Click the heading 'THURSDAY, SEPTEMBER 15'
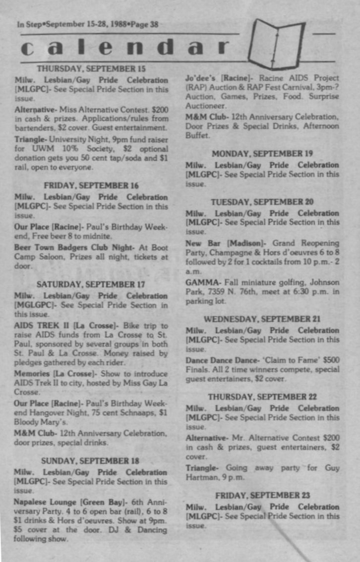pyautogui.click(x=91, y=68)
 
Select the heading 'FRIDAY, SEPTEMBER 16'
pyautogui.click(x=91, y=185)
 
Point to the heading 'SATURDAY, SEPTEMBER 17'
pyautogui.click(x=91, y=284)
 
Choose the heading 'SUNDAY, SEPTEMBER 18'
pyautogui.click(x=90, y=460)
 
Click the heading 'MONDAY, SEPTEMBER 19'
pyautogui.click(x=262, y=154)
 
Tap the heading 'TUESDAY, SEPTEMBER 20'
pyautogui.click(x=262, y=202)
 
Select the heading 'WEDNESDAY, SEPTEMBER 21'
pyautogui.click(x=262, y=319)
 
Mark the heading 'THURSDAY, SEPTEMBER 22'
pyautogui.click(x=262, y=397)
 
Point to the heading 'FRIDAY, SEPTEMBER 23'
pyautogui.click(x=262, y=495)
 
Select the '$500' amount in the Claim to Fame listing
pyautogui.click(x=331, y=360)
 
